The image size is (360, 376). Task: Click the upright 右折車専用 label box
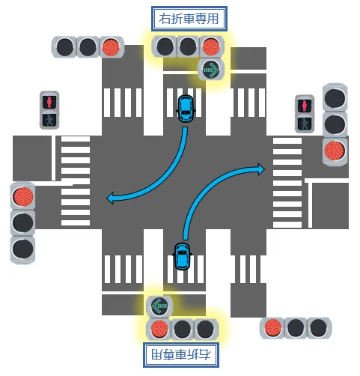tap(189, 19)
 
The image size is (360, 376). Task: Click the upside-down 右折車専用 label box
tap(181, 355)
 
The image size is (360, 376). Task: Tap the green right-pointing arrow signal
tap(211, 69)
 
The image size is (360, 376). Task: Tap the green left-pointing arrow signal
tap(159, 306)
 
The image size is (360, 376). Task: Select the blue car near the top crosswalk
tap(186, 109)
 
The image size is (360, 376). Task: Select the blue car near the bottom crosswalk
tap(182, 256)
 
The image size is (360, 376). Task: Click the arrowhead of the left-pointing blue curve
tap(110, 198)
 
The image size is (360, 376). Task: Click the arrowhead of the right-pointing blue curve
tap(261, 169)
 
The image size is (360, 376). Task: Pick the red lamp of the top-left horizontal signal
tap(112, 47)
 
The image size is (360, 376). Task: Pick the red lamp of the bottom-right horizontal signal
tap(273, 328)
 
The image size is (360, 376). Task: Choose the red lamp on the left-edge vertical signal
tap(23, 196)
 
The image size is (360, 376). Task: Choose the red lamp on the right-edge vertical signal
tap(335, 151)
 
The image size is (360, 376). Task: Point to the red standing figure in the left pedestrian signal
tap(49, 102)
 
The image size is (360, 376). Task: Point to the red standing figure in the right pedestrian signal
tap(305, 106)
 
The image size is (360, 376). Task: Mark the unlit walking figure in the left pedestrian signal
tap(49, 120)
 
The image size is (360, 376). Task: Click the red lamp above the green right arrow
tap(211, 46)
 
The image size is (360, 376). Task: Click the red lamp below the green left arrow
tap(159, 329)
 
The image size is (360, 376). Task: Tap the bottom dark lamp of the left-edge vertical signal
tap(23, 249)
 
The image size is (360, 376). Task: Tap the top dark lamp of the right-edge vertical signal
tap(335, 97)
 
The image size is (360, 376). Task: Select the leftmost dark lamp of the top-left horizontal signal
tap(65, 47)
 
